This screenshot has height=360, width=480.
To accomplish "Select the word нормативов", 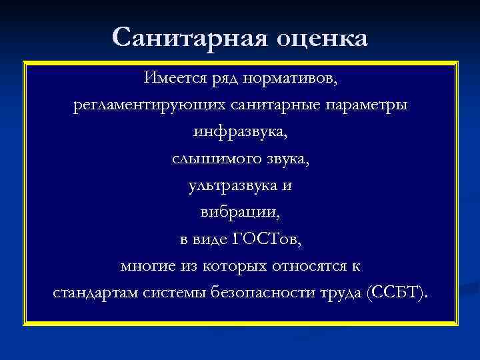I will (301, 80).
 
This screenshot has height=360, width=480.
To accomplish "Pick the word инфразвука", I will (240, 133).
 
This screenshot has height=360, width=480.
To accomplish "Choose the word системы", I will (174, 293).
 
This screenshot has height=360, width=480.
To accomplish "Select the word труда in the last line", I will (340, 294).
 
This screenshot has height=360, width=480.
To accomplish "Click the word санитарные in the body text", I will (273, 107).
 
